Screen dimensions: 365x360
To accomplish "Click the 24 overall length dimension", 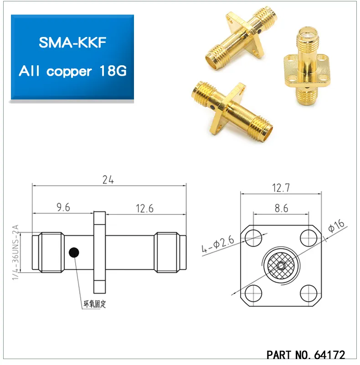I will click(108, 180).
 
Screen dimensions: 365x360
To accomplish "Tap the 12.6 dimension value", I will click(144, 209).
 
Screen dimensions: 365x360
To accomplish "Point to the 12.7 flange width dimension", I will click(281, 188).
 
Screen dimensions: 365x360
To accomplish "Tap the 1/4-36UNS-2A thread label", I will click(15, 253).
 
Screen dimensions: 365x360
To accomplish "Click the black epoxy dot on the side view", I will click(73, 252).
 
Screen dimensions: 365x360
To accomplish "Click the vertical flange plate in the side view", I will click(99, 252).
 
